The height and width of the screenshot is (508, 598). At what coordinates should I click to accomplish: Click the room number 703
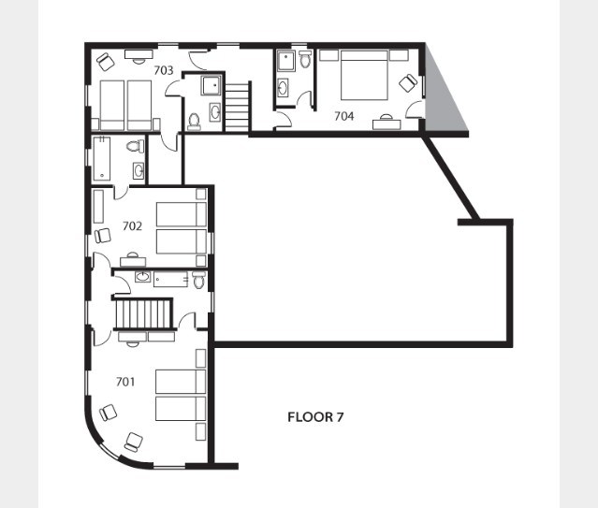164,70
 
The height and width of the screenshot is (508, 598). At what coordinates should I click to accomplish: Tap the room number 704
344,116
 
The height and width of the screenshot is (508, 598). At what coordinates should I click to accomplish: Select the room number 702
132,226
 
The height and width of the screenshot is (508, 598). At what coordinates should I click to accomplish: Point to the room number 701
125,382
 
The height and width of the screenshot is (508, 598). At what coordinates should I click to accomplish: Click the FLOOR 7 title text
315,417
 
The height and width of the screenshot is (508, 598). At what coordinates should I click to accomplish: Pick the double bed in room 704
364,75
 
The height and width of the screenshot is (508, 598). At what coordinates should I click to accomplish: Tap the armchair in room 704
408,82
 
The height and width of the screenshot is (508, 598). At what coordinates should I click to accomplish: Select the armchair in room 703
106,62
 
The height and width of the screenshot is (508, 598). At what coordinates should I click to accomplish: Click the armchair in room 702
103,236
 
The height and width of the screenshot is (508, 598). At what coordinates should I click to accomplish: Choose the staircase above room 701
143,313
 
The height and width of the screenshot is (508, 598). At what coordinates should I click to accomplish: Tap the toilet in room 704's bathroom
305,60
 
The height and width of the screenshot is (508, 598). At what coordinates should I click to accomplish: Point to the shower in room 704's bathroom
286,61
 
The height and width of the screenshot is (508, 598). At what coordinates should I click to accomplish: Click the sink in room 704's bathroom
283,88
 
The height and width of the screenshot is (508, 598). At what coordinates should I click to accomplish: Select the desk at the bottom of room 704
387,123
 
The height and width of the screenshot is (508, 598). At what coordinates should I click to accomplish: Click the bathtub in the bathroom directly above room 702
102,159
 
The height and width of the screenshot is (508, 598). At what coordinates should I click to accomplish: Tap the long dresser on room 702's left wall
98,207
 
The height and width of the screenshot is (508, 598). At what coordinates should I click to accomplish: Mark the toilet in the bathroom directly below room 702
198,280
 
